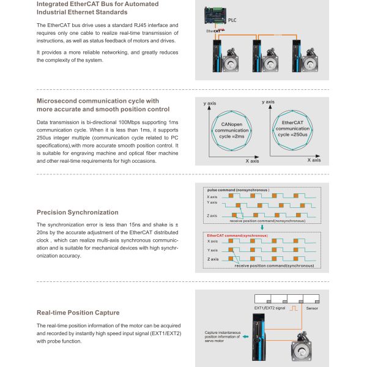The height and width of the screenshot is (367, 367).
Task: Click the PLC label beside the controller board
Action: click(232, 20)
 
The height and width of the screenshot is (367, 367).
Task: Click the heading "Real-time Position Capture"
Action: click(78, 313)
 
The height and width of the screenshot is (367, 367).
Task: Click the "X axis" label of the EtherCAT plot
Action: click(312, 160)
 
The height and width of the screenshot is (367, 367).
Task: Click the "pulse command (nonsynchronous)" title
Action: click(238, 190)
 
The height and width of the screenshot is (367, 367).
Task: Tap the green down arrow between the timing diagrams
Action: click(262, 228)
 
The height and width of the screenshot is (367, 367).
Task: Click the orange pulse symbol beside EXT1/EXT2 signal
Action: click(295, 309)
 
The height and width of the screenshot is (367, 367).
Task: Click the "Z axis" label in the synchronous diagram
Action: click(213, 259)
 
